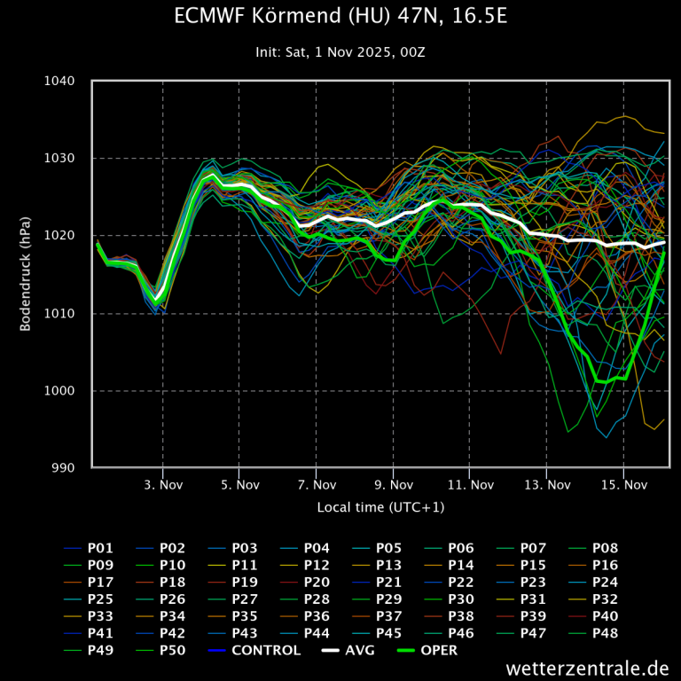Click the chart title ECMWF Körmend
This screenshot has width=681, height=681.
coord(340,17)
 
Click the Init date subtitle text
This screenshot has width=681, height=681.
coord(340,52)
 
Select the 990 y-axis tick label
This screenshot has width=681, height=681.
coord(64,468)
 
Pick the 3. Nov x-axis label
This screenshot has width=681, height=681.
coord(163,485)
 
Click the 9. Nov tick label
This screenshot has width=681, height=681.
coord(394,485)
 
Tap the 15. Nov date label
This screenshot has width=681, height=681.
coord(623,485)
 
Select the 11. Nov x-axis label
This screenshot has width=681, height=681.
coord(470,485)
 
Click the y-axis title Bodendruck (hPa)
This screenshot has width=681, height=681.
coord(26,274)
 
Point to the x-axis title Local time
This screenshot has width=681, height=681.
coord(380,507)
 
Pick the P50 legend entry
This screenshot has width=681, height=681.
coord(172,650)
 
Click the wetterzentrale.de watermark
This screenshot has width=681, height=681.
coord(588,668)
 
